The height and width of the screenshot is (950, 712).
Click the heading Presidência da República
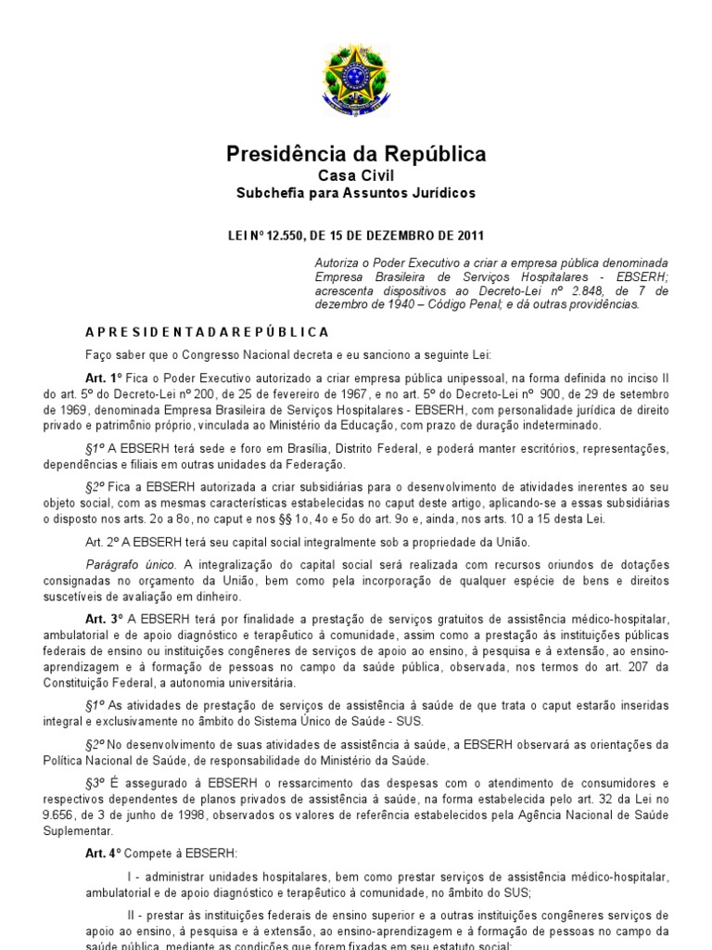tap(356, 154)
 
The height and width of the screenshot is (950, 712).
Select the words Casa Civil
tap(356, 176)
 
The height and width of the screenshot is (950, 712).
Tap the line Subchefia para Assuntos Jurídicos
tap(356, 193)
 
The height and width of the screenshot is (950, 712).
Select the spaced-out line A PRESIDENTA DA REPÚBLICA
tap(207, 331)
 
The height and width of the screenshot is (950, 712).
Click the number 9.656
tap(57, 815)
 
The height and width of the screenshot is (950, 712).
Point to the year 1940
tap(388, 304)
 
